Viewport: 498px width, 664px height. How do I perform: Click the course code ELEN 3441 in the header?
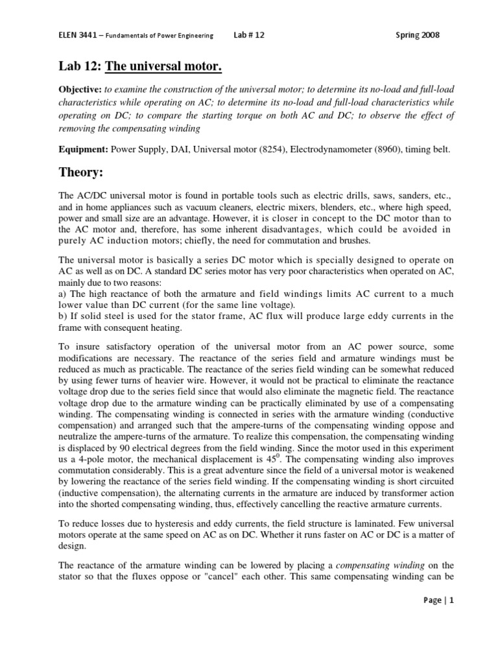click(x=76, y=35)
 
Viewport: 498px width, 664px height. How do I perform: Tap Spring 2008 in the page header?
click(x=421, y=35)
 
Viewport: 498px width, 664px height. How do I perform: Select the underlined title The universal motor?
click(x=152, y=65)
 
